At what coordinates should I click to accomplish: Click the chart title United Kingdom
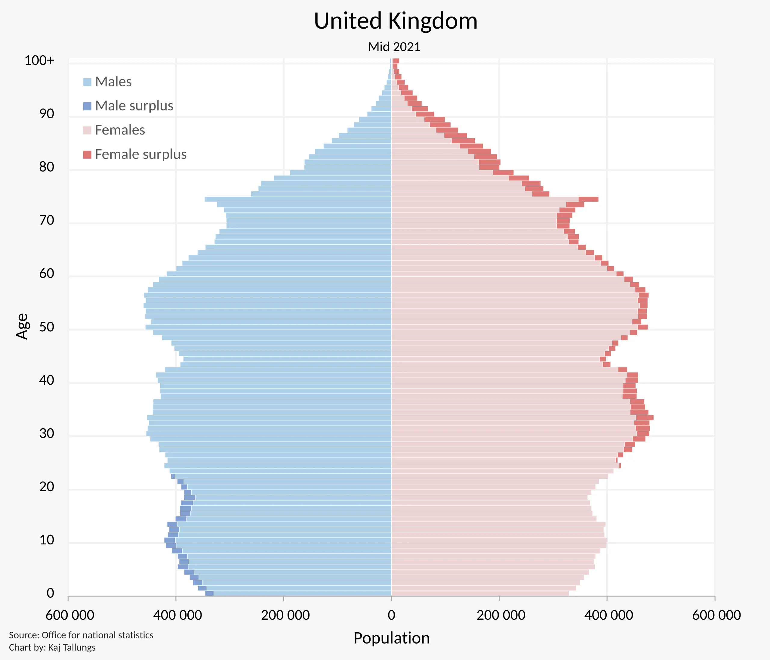(x=396, y=21)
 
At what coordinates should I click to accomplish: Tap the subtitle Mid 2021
(x=394, y=47)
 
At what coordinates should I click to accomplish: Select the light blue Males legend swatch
(x=87, y=82)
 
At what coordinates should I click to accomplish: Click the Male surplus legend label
(x=134, y=106)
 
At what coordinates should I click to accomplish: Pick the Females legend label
(x=120, y=130)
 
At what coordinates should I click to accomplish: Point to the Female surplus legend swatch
(x=87, y=154)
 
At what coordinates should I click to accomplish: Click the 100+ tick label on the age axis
(x=39, y=60)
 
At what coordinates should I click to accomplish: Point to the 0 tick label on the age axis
(x=50, y=593)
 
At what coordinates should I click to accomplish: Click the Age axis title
(x=22, y=326)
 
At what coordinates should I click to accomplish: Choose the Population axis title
(x=391, y=638)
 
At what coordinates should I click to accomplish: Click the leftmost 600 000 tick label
(x=70, y=615)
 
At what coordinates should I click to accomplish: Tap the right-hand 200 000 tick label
(x=500, y=615)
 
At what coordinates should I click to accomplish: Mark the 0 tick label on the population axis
(x=391, y=615)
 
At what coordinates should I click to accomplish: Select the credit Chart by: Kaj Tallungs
(x=52, y=647)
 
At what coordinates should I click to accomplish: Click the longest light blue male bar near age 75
(x=297, y=199)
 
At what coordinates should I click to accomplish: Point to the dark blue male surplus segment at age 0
(x=210, y=593)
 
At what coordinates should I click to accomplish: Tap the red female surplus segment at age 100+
(x=396, y=61)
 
